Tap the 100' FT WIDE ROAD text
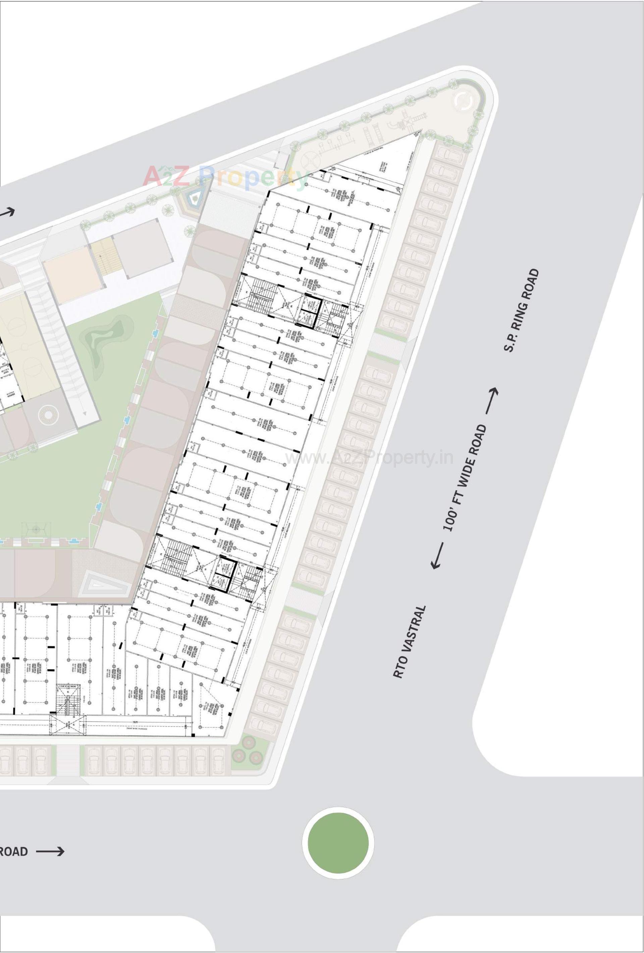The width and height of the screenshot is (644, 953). click(x=465, y=478)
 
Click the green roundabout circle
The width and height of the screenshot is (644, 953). click(x=338, y=842)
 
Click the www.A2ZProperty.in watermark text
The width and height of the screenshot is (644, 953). click(x=369, y=457)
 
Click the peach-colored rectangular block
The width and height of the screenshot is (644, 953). click(x=72, y=275)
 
